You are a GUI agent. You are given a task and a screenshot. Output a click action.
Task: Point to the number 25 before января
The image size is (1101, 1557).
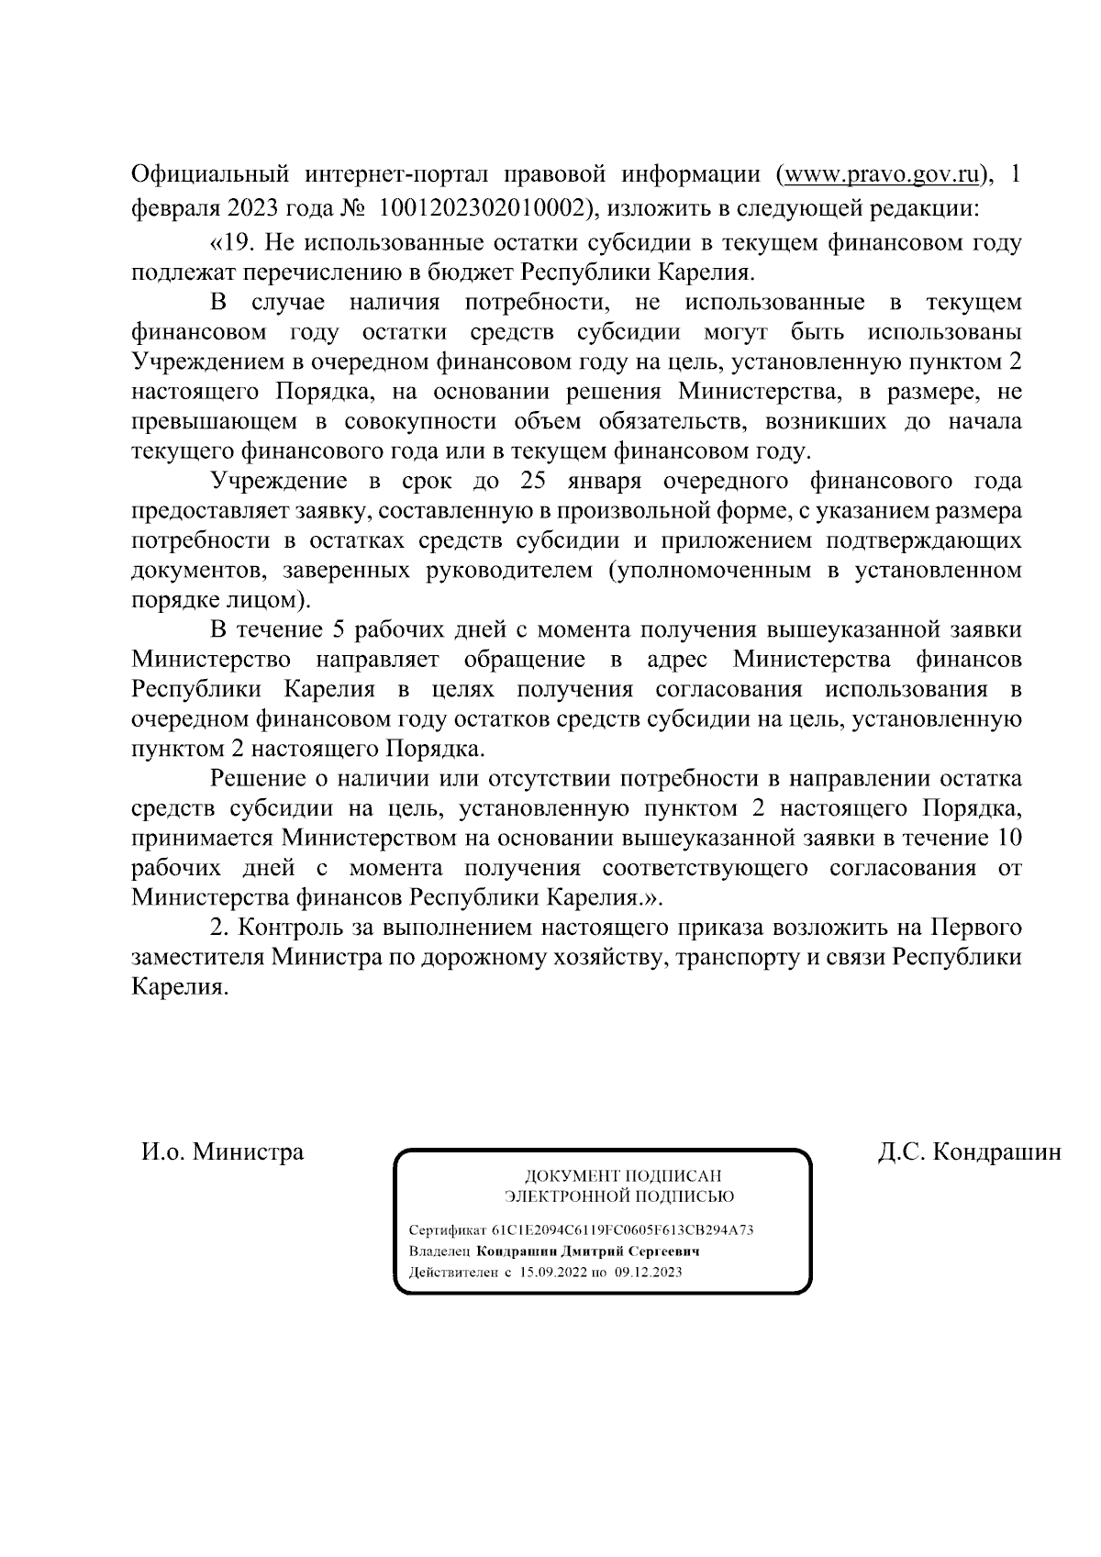[x=538, y=481]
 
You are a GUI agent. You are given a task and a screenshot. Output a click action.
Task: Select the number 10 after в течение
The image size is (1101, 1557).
[x=1009, y=839]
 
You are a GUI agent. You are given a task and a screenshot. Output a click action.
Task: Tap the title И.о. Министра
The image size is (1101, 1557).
[x=221, y=1151]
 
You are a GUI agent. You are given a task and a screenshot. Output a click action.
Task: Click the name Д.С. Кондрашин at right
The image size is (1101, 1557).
[x=968, y=1151]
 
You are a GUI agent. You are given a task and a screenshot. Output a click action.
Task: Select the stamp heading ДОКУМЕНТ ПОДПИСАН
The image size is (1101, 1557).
[x=622, y=1175]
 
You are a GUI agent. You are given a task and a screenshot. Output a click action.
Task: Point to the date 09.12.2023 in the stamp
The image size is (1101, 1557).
[x=648, y=1273]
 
